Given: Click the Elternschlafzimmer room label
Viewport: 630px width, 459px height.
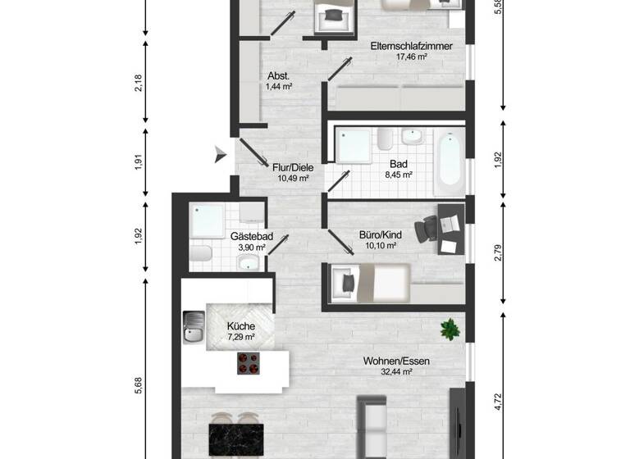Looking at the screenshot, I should point(400,46).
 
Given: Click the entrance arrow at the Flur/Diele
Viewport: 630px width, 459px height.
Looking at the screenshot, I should point(219,153).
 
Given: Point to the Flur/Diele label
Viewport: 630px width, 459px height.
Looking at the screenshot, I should point(292,166).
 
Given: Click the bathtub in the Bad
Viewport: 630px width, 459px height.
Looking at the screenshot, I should point(448,161).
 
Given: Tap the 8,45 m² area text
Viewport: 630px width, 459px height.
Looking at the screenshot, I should point(399,175).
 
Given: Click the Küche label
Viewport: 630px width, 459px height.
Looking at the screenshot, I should point(240,325).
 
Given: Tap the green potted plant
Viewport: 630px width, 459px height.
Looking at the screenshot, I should point(449,329).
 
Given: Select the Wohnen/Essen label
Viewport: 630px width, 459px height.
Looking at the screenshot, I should point(397,361).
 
